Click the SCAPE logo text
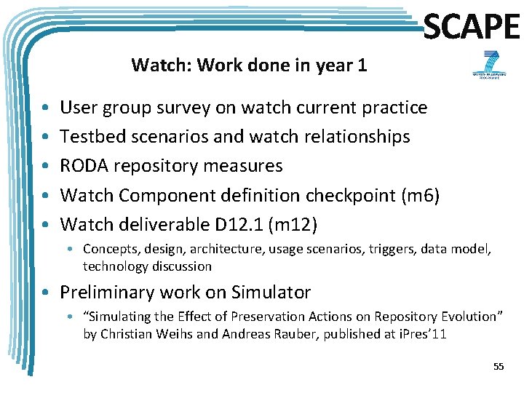[471, 27]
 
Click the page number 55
[498, 366]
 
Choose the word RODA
[82, 166]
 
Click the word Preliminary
[106, 293]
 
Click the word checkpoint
[327, 195]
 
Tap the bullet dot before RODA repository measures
[45, 167]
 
